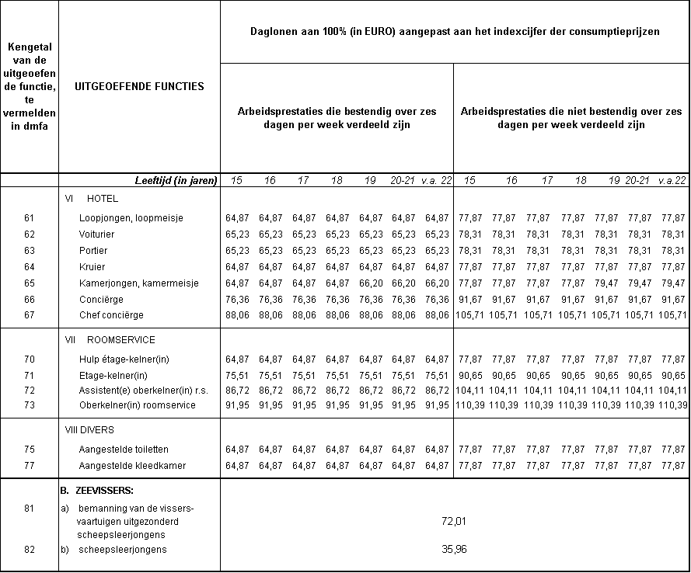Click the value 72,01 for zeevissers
pos(454,521)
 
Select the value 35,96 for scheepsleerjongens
pos(454,550)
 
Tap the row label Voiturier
pos(97,234)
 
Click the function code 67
pos(30,315)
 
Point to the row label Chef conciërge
pos(111,315)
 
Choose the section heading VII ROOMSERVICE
pos(110,339)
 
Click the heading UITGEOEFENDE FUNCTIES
pos(139,86)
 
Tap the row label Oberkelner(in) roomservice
pos(137,405)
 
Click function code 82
pos(30,550)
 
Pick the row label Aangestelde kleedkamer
pos(123,465)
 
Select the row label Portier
pos(93,251)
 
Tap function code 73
pos(30,405)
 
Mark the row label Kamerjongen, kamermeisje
pos(127,283)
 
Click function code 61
pos(30,218)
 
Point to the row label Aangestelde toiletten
pos(124,450)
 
